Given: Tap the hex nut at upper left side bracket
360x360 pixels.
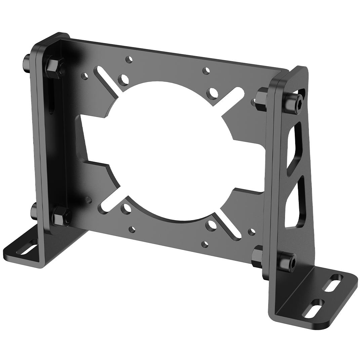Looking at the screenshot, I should pos(54,68).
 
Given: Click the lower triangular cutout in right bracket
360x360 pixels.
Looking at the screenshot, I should pos(295,205).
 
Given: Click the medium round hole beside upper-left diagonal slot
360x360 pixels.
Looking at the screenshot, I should pos(124,80).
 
